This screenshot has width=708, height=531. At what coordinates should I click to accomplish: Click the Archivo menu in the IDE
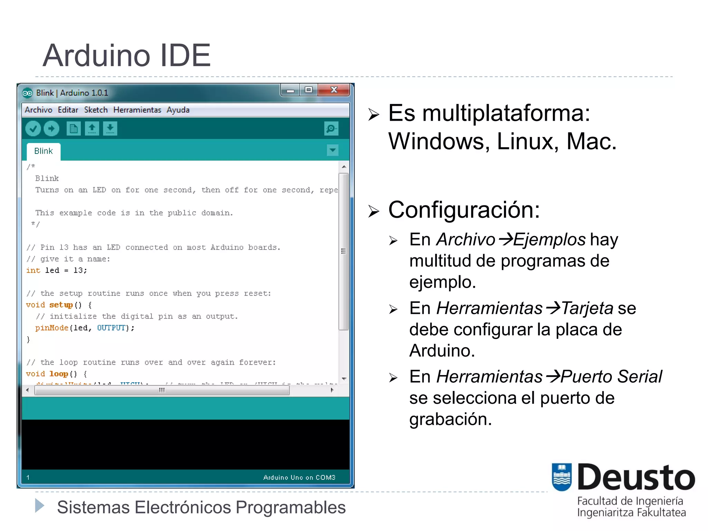click(38, 110)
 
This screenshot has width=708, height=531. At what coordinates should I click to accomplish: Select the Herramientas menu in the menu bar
click(137, 110)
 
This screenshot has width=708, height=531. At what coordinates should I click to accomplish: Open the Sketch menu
click(96, 110)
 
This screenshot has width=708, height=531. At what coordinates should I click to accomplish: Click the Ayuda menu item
click(178, 110)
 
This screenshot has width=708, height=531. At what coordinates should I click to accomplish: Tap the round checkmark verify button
click(33, 129)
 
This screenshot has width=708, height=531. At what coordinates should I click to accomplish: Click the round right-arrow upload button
click(52, 129)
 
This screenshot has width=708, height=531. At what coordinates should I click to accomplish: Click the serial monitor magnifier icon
click(331, 129)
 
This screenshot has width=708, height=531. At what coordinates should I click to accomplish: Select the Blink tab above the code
click(44, 151)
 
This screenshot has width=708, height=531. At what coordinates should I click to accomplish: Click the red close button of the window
click(334, 90)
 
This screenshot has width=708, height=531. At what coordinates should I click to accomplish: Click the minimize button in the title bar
click(290, 91)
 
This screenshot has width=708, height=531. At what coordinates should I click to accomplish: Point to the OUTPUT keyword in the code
click(111, 328)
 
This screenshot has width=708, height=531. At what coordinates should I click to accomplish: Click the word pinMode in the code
click(52, 328)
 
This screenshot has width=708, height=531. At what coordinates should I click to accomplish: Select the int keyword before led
click(33, 270)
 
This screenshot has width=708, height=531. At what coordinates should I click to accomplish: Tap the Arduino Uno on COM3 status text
click(299, 477)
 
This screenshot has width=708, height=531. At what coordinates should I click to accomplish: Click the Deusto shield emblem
click(561, 477)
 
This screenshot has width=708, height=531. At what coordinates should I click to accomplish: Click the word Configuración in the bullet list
click(464, 210)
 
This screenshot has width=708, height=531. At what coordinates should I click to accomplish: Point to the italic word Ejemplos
click(549, 240)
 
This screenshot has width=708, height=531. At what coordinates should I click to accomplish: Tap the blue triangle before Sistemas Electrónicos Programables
click(40, 506)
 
